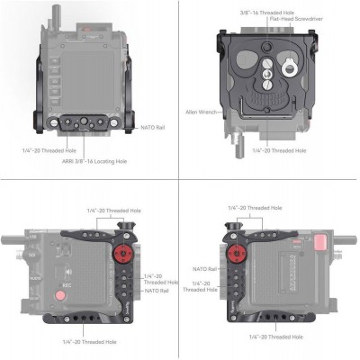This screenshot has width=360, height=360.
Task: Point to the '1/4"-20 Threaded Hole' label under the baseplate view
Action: pyautogui.click(x=279, y=150)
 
